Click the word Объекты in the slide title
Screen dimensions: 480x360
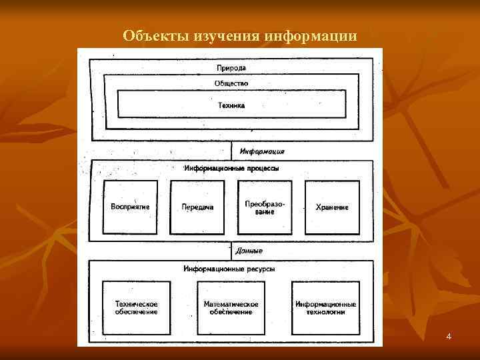[x=149, y=35]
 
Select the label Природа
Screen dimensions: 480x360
[x=231, y=68]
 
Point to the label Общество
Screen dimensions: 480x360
[x=231, y=83]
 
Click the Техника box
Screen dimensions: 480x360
[x=231, y=105]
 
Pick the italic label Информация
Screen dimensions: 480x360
[x=262, y=151]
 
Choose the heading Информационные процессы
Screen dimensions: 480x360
[x=231, y=168]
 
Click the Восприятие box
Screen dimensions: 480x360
[x=130, y=207]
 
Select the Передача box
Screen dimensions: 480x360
[x=197, y=207]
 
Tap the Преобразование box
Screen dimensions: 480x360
[x=265, y=207]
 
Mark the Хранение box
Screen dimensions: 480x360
[x=332, y=207]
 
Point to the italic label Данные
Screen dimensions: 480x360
[x=249, y=251]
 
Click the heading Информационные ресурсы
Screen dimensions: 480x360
[x=229, y=269]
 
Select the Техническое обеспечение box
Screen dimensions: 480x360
[x=136, y=308]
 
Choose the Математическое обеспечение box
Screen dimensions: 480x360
[x=231, y=308]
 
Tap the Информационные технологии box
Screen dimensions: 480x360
[x=326, y=308]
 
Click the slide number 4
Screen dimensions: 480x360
[x=449, y=337]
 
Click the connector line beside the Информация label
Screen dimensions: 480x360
[x=231, y=150]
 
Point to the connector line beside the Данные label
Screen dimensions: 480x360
[x=231, y=251]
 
